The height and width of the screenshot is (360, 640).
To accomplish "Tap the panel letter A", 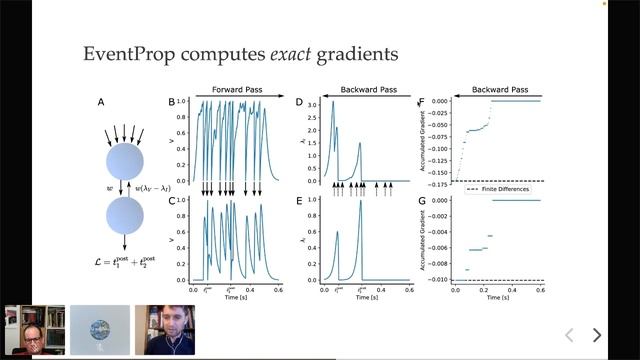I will click(100, 102).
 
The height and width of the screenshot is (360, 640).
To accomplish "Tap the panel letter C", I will click(171, 200).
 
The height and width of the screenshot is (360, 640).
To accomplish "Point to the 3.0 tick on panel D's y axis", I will click(311, 104).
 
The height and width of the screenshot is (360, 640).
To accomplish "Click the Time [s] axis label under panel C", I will click(235, 298).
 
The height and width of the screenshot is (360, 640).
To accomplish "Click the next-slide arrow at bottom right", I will click(597, 335).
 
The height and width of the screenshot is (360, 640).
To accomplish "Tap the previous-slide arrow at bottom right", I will click(569, 335).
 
